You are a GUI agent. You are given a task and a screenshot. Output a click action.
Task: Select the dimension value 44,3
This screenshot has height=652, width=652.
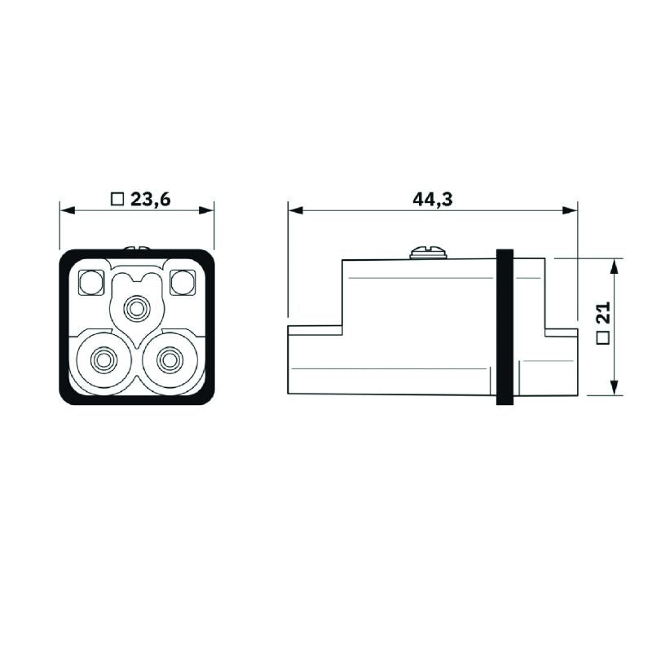pos(433,199)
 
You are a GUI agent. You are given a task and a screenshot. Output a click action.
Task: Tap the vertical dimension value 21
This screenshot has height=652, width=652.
pos(604,314)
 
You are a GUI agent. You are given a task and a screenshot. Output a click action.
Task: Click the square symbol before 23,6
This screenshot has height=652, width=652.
pos(116,199)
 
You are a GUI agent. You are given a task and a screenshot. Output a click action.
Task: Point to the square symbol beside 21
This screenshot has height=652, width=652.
pos(604,338)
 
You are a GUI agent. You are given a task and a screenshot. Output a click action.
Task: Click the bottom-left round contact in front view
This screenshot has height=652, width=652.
pos(103,359)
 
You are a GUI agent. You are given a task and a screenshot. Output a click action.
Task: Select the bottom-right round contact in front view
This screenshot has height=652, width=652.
pos(170,359)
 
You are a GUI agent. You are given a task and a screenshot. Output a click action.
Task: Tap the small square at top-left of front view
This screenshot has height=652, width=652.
pos(90,282)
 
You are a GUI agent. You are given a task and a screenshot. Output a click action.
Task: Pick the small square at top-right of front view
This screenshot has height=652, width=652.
pos(182,282)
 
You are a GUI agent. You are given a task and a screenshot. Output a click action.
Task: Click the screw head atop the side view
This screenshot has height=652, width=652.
pos(429,253)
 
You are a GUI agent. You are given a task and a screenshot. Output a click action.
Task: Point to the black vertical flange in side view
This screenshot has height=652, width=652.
pos(504,327)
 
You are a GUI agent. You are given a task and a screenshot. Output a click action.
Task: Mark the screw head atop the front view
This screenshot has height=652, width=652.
pos(136,247)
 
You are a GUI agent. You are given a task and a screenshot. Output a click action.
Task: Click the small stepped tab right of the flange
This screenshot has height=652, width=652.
pos(561,362)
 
